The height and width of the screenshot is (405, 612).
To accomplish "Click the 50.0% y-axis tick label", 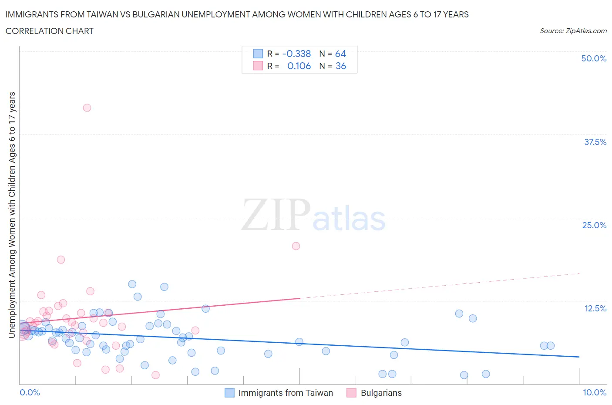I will [594, 58].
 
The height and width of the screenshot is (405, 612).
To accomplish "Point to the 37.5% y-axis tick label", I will [595, 142].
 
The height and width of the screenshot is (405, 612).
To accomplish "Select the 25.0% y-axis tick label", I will [594, 225].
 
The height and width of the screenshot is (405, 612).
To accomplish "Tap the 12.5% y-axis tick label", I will [595, 308].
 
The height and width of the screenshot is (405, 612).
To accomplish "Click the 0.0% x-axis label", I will [30, 392].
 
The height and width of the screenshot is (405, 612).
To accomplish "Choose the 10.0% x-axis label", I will [595, 392].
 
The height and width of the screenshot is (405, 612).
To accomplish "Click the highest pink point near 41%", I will [87, 108].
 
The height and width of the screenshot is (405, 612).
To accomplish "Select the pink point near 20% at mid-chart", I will [296, 246].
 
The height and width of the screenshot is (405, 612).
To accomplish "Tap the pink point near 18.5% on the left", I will [61, 260].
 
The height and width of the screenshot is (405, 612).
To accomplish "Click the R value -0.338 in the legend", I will [296, 54].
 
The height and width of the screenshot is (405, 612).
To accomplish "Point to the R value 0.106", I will [299, 66].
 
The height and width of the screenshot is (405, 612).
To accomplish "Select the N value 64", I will [340, 54].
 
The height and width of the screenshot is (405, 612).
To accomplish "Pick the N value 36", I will [341, 66].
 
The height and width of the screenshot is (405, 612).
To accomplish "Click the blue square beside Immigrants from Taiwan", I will [229, 393].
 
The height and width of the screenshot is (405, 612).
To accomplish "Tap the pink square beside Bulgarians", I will [351, 393].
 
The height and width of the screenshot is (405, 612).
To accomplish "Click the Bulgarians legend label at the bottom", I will [381, 393].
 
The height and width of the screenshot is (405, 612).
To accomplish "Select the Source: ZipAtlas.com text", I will [573, 30].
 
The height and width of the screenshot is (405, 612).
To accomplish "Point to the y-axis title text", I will [12, 215].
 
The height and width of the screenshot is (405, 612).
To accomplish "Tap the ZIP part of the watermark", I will [276, 215].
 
